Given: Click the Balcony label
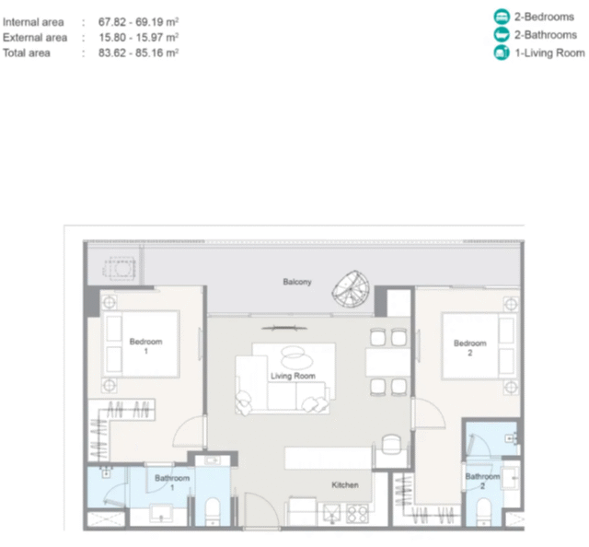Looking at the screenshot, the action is point(297,282).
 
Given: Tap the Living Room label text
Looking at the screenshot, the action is point(293,376).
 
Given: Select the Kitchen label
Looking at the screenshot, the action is point(345,485).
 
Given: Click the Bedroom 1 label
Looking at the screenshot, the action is point(145,346).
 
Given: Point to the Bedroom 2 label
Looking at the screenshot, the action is point(470,348).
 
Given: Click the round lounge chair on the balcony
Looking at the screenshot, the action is point(350,288).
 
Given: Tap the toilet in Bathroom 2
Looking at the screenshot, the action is point(483,511).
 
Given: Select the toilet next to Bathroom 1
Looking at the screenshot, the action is point(213,511).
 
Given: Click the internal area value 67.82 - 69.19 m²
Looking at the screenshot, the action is point(138,22).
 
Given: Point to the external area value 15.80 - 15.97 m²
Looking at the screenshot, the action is point(138,37).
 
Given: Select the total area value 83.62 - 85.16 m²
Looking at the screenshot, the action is point(138,52).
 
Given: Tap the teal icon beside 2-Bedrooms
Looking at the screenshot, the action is point(502,17).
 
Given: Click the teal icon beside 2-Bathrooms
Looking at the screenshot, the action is point(502,35).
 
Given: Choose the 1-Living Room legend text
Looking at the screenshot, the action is point(549,53).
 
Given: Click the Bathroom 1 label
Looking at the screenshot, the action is point(172,483).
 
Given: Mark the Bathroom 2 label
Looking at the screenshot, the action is point(482,481).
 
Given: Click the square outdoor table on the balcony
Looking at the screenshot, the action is point(120,268).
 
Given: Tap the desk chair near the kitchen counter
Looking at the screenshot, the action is point(391,444).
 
